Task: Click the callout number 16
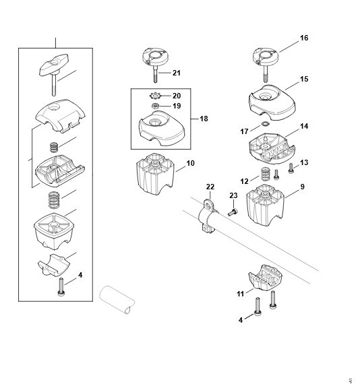[304, 38]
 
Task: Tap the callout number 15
[304, 79]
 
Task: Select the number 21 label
[177, 73]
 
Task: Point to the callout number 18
[204, 119]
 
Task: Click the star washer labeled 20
[155, 96]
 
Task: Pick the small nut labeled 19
[155, 106]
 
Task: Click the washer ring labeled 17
[265, 124]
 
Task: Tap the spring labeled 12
[265, 174]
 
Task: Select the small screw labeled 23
[233, 212]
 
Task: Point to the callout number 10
[190, 163]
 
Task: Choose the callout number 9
[303, 187]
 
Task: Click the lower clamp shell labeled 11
[266, 276]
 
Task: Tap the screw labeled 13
[291, 168]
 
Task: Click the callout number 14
[304, 127]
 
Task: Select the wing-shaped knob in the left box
[54, 65]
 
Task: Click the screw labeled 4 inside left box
[61, 287]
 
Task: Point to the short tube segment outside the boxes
[117, 300]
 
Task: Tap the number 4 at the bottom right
[241, 320]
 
